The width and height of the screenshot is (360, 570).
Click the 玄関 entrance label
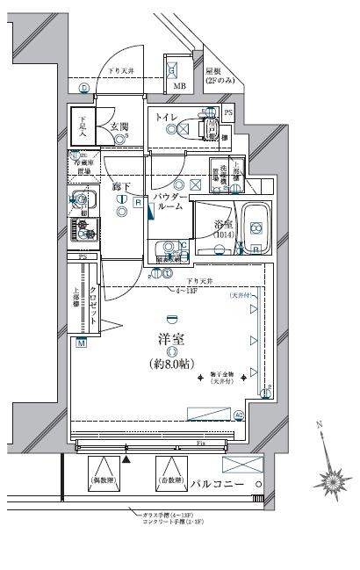119,127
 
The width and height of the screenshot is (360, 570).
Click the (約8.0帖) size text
173,363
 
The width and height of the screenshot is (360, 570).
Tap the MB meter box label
179,86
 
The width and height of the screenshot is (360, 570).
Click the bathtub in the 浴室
256,229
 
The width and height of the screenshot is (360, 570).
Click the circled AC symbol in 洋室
240,415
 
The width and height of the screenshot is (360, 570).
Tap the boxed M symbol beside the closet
81,342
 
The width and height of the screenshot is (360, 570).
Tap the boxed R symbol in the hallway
139,202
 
